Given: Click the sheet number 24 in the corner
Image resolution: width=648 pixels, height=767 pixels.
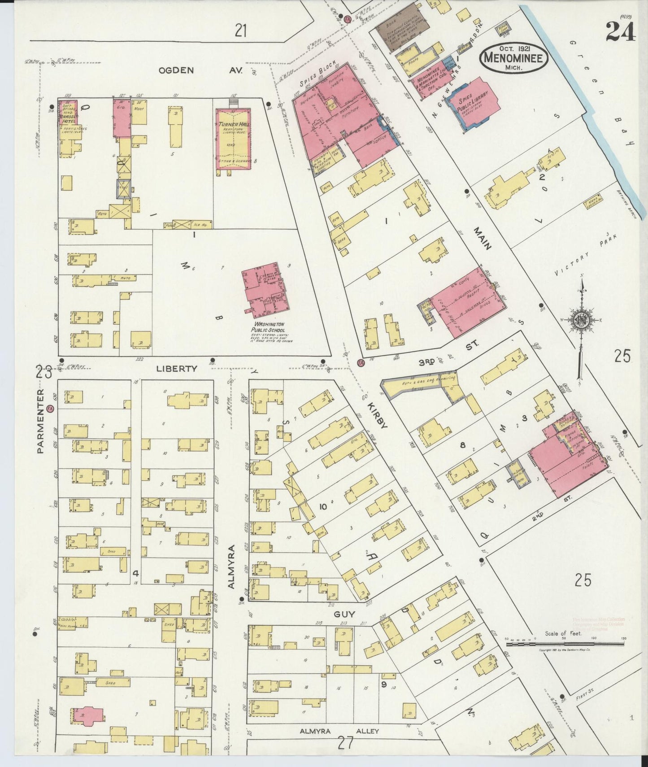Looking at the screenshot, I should click(x=620, y=31).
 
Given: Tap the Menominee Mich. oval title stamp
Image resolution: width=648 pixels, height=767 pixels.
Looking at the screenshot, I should click(x=513, y=59).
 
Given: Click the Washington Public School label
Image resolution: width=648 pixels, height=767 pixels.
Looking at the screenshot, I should click(x=269, y=327).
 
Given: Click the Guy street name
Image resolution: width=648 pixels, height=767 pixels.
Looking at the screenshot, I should click(x=345, y=614).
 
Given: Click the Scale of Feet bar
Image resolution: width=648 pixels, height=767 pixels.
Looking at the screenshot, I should click(x=565, y=644).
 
